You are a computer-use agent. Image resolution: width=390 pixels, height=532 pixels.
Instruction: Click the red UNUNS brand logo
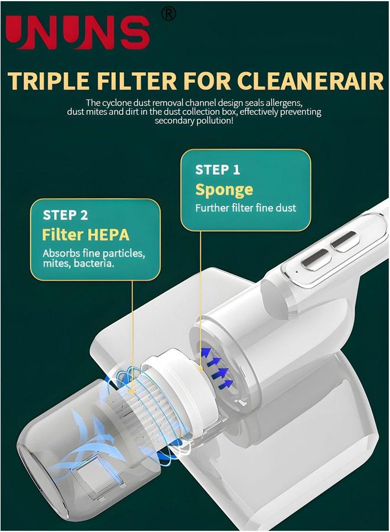point(78,33)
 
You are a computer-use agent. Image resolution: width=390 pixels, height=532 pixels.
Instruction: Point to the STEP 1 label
point(217,170)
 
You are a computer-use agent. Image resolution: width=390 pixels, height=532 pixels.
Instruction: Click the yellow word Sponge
point(224,190)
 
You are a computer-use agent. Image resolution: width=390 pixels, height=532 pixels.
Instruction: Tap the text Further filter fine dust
point(245,208)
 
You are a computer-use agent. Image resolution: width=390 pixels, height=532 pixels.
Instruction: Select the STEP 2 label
point(65,215)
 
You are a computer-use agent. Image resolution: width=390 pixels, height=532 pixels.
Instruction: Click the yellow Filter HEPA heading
point(86,235)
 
